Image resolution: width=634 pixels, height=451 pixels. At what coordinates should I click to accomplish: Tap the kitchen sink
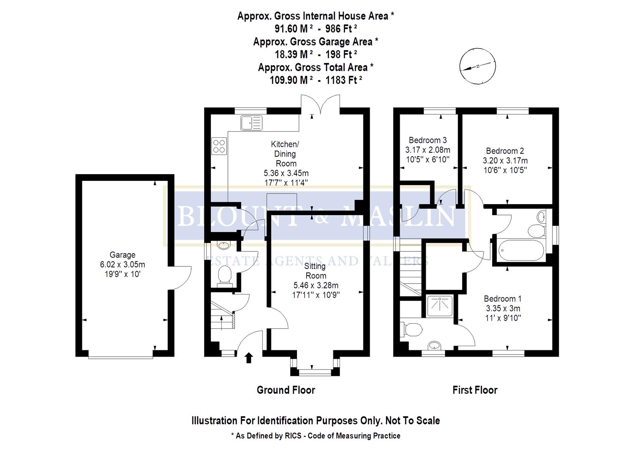point(251,123)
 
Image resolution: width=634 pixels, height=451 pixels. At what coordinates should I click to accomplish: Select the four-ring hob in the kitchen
point(219,146)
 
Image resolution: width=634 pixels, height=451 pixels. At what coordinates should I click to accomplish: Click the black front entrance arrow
point(249,357)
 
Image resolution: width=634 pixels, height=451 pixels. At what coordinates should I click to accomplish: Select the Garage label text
point(122,255)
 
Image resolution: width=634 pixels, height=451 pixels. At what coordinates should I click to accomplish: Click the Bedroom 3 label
point(427,140)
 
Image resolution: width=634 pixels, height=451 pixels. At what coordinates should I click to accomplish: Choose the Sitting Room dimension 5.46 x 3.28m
point(316,286)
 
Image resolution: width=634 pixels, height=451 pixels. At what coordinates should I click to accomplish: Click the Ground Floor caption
point(286,390)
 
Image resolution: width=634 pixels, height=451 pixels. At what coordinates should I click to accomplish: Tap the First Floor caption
point(475,390)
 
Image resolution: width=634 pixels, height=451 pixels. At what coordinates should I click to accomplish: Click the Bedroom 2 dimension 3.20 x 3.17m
point(505,160)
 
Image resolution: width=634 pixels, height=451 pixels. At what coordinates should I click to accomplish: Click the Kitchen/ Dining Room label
point(285,154)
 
